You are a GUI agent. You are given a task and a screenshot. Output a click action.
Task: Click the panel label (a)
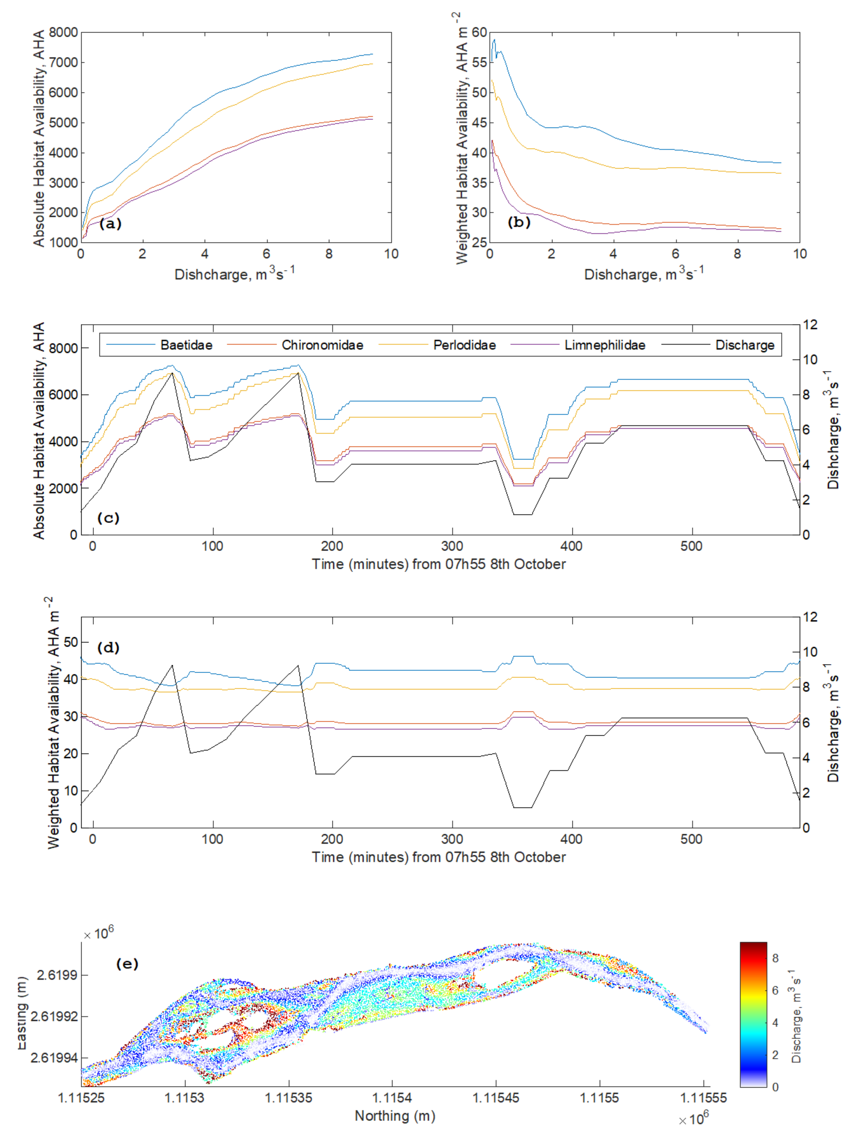pyautogui.click(x=110, y=224)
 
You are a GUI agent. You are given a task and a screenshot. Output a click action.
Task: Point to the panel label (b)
pyautogui.click(x=519, y=222)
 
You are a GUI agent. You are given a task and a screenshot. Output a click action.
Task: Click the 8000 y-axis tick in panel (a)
pyautogui.click(x=63, y=32)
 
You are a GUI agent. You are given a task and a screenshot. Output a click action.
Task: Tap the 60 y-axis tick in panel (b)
pyautogui.click(x=479, y=32)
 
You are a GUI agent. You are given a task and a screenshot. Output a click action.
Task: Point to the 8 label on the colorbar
pyautogui.click(x=775, y=958)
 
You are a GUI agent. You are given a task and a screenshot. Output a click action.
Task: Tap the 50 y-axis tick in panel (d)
pyautogui.click(x=71, y=642)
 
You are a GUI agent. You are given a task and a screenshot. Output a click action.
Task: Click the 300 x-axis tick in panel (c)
pyautogui.click(x=452, y=546)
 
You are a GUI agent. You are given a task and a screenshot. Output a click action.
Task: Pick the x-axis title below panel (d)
pyautogui.click(x=438, y=857)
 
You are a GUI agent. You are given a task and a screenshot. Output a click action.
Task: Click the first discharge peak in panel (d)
pyautogui.click(x=172, y=665)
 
